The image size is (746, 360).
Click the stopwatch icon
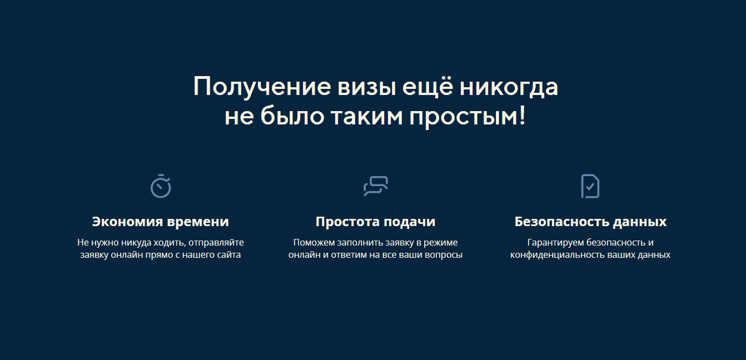pyautogui.click(x=161, y=186)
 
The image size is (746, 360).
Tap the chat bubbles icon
pyautogui.click(x=376, y=186)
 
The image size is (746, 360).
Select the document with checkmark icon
pyautogui.click(x=590, y=186)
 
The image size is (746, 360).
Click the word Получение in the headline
pyautogui.click(x=262, y=87)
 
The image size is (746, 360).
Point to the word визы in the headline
pyautogui.click(x=367, y=87)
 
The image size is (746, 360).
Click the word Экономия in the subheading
pyautogui.click(x=127, y=222)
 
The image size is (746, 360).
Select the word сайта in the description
pyautogui.click(x=229, y=255)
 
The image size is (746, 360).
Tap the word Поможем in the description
pyautogui.click(x=314, y=243)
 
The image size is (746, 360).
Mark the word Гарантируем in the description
pyautogui.click(x=555, y=243)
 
